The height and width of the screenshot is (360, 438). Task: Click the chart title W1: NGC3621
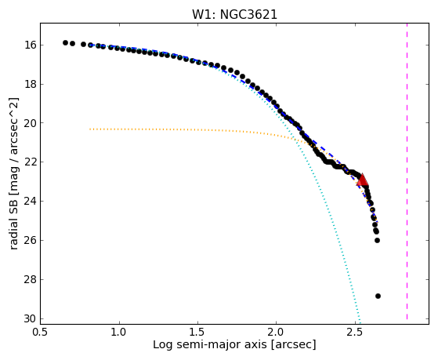[234, 14]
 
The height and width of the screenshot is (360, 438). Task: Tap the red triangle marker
[362, 180]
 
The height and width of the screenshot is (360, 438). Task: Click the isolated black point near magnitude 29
[378, 296]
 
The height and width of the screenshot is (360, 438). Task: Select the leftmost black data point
[65, 42]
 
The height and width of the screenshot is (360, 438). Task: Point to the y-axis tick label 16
[30, 45]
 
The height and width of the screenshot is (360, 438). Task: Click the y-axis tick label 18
[30, 84]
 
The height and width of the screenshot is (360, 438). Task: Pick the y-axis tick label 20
[30, 123]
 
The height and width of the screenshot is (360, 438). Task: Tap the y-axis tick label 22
[30, 162]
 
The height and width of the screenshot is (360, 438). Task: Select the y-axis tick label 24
[30, 201]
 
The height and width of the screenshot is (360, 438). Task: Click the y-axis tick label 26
[30, 240]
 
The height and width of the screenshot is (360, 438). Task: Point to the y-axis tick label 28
[30, 279]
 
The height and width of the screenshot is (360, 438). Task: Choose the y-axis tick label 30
[30, 318]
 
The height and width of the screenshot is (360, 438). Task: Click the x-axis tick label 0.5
[41, 333]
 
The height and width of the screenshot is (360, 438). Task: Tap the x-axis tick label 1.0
[119, 333]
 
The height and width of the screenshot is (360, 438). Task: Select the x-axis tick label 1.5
[197, 333]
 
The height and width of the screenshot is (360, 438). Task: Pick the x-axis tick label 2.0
[277, 333]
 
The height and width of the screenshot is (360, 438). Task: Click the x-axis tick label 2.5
[355, 333]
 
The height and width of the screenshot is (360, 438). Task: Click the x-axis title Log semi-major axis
[210, 345]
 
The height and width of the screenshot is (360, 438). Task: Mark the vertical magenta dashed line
[407, 172]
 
